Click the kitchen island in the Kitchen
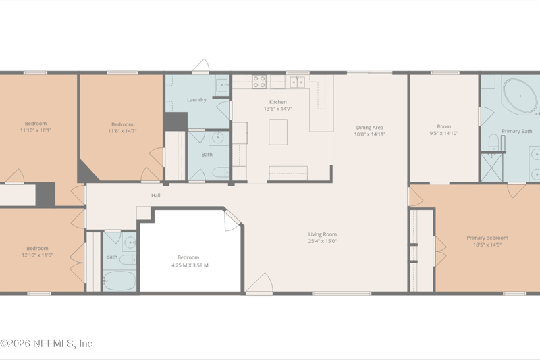(278, 132)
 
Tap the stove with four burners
(259, 82)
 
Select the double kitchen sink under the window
(297, 82)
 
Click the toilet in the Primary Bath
(493, 142)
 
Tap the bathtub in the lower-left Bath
(119, 280)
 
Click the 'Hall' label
(155, 195)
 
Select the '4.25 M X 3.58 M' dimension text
(188, 265)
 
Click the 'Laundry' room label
(196, 100)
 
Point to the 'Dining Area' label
(370, 127)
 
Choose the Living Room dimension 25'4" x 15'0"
(322, 241)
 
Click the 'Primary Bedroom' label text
(487, 238)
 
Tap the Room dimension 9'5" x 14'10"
(443, 134)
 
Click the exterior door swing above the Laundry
(201, 66)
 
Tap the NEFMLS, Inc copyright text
(47, 344)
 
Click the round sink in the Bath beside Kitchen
(217, 138)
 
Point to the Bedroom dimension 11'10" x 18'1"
(36, 130)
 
